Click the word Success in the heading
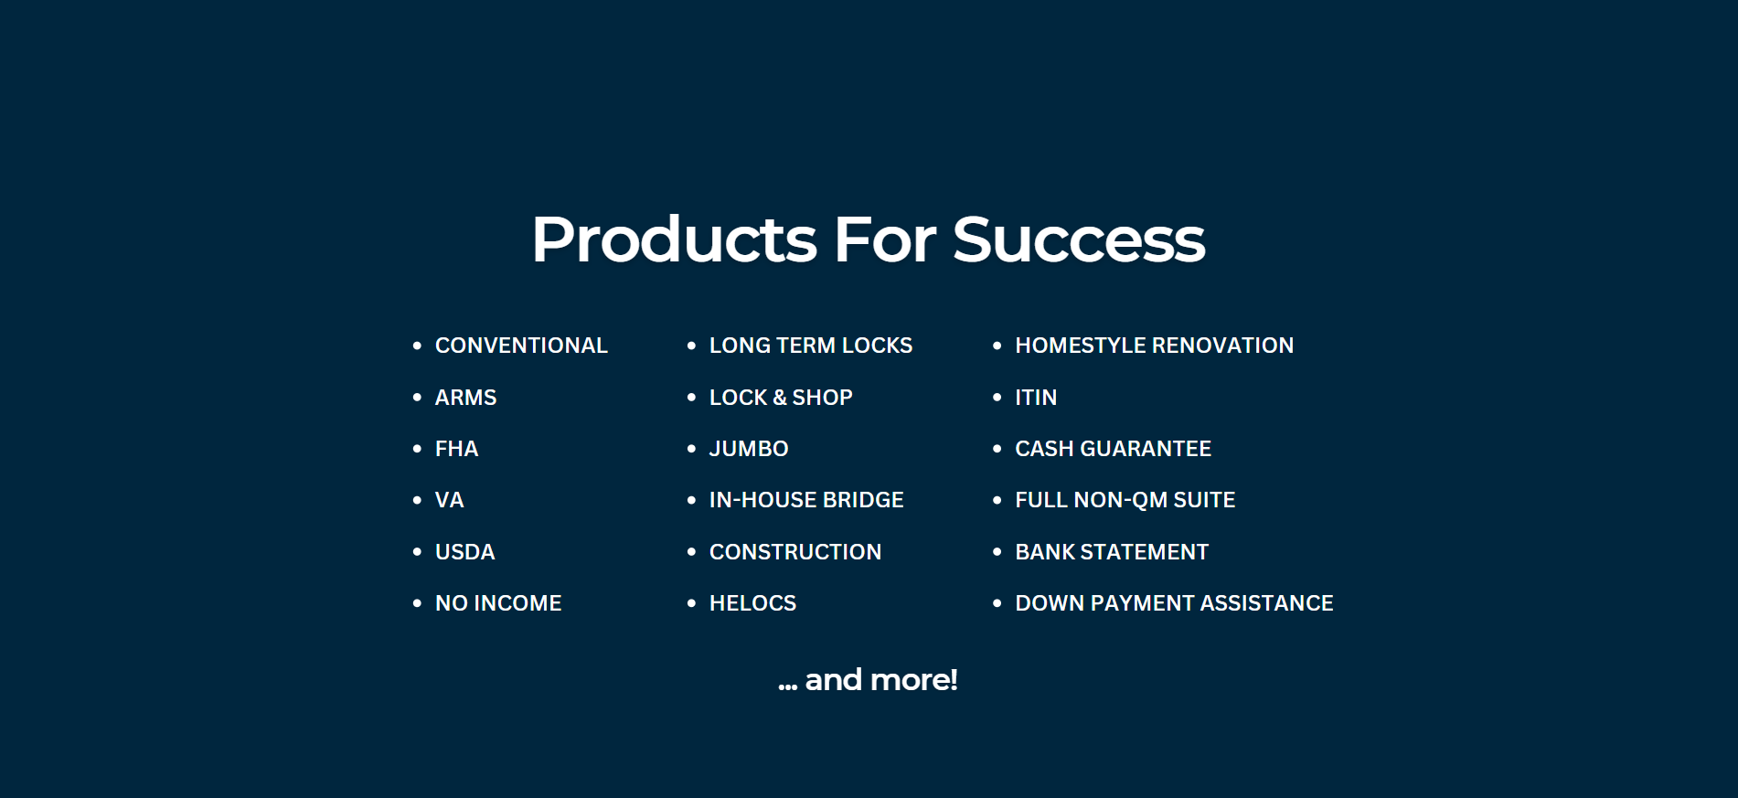click(1079, 239)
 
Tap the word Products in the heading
click(674, 239)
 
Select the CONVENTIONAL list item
click(521, 346)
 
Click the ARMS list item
click(465, 398)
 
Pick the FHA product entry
click(456, 449)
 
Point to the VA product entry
click(449, 500)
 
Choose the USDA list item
click(464, 552)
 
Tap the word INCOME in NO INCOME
click(517, 603)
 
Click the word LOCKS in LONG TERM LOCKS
click(877, 346)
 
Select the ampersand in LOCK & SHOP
click(780, 398)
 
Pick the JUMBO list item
click(749, 449)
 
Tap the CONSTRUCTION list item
click(795, 552)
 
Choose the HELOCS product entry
click(752, 603)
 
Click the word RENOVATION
click(1223, 346)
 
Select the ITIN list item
click(1036, 398)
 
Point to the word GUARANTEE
click(1146, 449)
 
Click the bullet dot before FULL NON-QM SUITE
click(997, 500)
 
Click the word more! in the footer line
click(914, 680)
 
